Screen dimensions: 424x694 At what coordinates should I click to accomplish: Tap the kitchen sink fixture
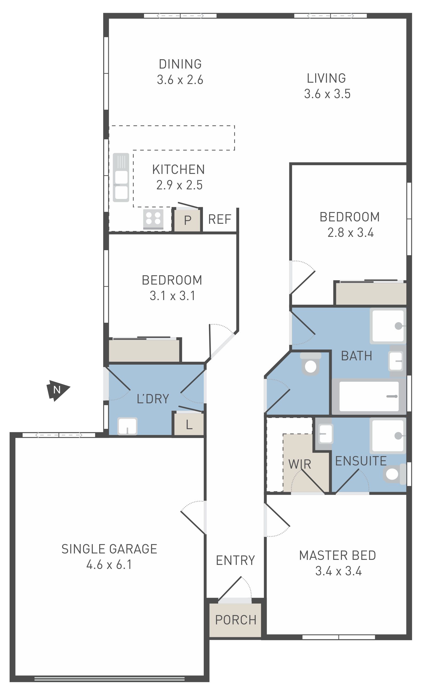click(x=121, y=177)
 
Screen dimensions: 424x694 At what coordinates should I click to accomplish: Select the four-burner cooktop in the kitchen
click(x=153, y=220)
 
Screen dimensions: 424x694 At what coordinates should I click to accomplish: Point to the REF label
click(x=220, y=220)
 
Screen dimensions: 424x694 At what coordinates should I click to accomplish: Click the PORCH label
click(x=236, y=620)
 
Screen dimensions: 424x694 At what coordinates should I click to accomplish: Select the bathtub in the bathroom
click(x=369, y=396)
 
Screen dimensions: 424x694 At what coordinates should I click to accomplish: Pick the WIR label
click(x=300, y=464)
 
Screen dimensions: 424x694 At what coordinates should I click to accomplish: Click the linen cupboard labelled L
click(x=189, y=424)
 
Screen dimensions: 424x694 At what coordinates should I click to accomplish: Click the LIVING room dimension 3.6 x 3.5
click(x=327, y=94)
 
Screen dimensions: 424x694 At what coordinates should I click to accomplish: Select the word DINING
click(x=180, y=64)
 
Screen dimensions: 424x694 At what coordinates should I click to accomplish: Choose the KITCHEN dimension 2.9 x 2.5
click(x=179, y=185)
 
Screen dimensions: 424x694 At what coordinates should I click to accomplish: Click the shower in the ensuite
click(x=388, y=436)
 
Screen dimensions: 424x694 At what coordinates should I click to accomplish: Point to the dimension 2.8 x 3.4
click(x=350, y=233)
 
